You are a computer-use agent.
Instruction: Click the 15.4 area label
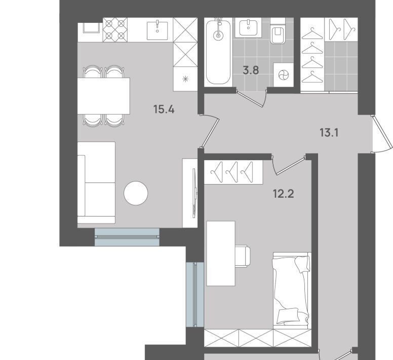point(164,110)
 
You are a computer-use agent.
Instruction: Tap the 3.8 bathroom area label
point(251,70)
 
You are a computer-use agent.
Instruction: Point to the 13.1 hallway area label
point(329,132)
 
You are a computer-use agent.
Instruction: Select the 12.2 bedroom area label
point(283,194)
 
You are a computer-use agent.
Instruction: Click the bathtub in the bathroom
point(218,52)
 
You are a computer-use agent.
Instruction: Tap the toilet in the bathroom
point(278,31)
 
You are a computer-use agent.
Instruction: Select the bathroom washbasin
point(248,27)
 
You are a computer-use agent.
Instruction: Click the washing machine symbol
point(284,75)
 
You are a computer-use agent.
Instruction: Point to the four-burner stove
point(115,30)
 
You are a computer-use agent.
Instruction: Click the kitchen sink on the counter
point(157,30)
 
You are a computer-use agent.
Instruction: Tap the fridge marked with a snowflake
point(185,79)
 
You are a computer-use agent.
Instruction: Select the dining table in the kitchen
point(103,96)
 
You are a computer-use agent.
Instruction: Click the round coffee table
point(136,193)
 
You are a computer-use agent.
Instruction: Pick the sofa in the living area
point(96,183)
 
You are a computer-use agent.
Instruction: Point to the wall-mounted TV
point(194,193)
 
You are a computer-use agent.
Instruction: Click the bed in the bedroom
point(292,291)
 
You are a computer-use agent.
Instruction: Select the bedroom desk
point(221,254)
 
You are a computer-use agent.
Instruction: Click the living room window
point(127,237)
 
